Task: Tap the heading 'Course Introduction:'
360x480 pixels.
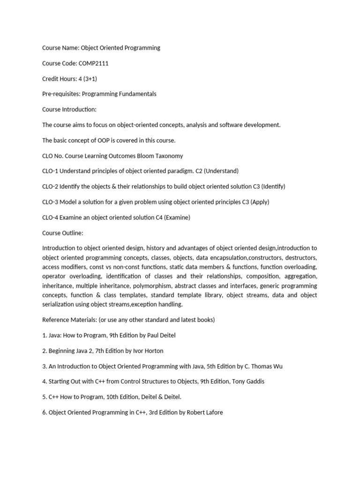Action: pyautogui.click(x=69, y=110)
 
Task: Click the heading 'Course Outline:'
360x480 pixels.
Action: pyautogui.click(x=63, y=233)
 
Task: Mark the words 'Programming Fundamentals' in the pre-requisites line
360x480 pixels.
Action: pyautogui.click(x=119, y=94)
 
